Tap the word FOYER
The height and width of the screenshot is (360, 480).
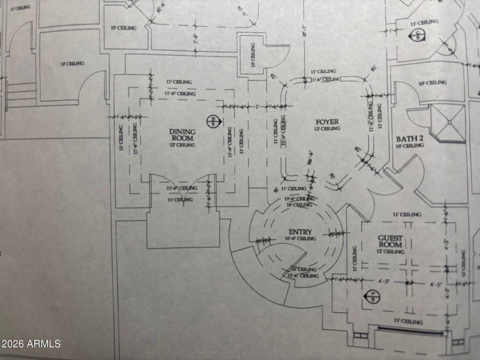(327, 122)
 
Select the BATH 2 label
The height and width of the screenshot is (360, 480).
(410, 138)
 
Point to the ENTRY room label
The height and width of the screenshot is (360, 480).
(300, 232)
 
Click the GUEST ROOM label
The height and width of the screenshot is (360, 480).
(390, 242)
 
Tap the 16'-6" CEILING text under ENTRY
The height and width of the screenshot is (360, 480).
(301, 239)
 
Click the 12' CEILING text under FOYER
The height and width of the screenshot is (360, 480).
(327, 129)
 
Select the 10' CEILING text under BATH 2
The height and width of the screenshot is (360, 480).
(410, 146)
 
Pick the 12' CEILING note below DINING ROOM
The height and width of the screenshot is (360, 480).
(182, 145)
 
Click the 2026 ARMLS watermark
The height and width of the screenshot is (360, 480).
(31, 344)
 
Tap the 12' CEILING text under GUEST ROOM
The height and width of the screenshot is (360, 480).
(391, 252)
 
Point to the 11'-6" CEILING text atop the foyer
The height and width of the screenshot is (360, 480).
(326, 79)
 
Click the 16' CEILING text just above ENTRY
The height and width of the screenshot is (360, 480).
(299, 205)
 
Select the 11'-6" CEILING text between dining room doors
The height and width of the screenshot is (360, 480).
(182, 188)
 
